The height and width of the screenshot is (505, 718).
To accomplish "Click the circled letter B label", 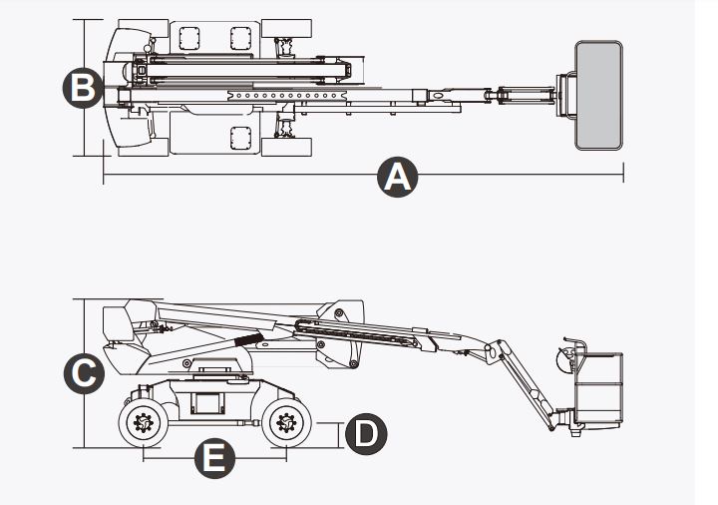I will click(83, 88).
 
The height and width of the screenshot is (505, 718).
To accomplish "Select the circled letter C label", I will click(83, 374).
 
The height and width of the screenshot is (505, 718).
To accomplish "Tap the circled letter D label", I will click(365, 434).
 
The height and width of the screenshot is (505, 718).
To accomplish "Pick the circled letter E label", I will click(214, 459).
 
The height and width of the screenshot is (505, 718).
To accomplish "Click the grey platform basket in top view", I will click(598, 95).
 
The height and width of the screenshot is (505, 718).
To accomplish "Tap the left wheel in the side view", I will click(144, 425).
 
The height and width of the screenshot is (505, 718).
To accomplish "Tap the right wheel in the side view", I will click(286, 425).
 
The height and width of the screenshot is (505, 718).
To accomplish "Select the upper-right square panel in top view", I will click(240, 39).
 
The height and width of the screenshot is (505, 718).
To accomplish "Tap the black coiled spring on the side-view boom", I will click(250, 339).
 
